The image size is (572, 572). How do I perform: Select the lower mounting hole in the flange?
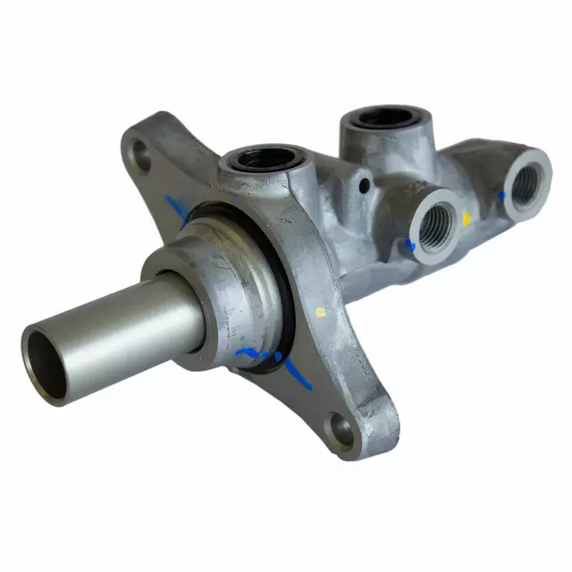342,429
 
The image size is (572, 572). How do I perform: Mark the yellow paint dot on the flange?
321,312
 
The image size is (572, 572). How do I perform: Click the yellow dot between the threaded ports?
466,217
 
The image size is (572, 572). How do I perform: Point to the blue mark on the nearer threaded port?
410,243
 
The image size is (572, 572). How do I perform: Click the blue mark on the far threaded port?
501,194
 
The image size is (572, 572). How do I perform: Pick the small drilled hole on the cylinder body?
365,185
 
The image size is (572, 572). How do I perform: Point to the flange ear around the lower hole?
362,420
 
